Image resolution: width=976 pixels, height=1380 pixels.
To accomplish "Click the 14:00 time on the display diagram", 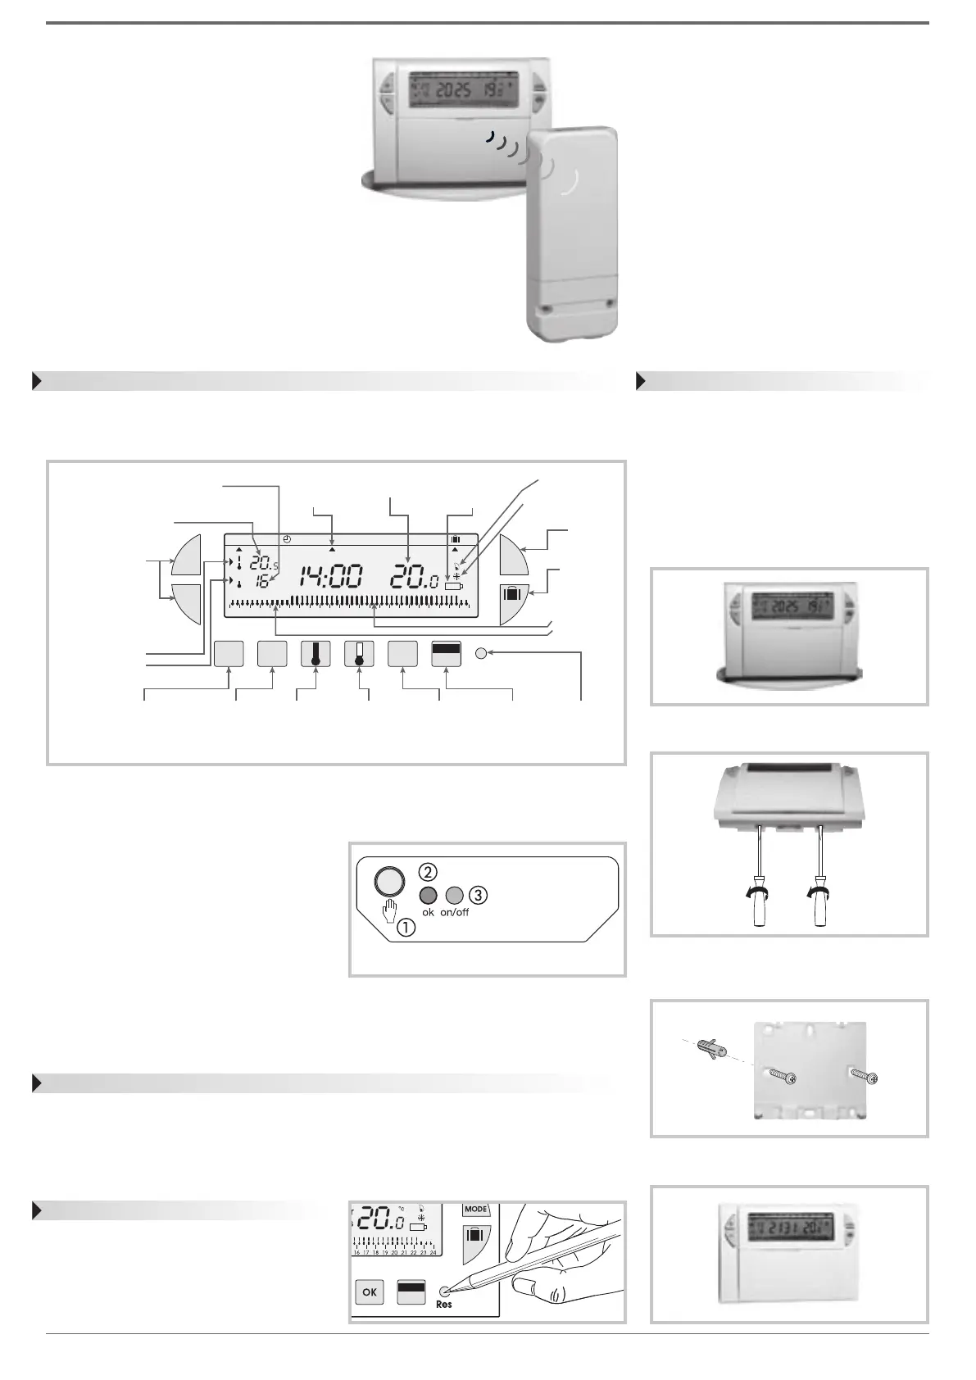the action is pos(329,577).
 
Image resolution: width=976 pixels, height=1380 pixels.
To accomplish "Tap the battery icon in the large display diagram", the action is pos(453,587).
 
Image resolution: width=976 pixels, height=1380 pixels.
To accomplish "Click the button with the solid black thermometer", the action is pos(315,654).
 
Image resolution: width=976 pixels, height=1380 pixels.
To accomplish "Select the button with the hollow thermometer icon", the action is pos(359,654).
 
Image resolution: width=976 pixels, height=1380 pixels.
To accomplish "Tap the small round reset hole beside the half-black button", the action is pos(481,654).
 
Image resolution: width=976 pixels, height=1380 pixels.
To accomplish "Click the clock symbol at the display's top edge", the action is pos(286,539).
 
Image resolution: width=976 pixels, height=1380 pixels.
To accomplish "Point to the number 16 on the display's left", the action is pos(261,583).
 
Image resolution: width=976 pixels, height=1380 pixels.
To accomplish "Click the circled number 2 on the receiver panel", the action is pos(429,871).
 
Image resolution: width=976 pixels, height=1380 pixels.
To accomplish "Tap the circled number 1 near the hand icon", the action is pos(406,928).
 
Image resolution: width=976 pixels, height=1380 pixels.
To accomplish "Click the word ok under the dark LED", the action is pos(428,912).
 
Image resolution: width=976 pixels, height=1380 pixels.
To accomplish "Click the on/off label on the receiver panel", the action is pos(454,912).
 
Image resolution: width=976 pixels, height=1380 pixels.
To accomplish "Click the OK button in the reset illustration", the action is pos(370,1292).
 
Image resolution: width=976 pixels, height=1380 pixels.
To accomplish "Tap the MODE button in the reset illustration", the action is pos(475,1209).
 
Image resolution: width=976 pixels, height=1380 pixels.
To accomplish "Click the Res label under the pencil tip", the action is pos(444,1304).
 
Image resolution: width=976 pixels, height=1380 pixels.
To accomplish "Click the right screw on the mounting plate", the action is pos(864,1075).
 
